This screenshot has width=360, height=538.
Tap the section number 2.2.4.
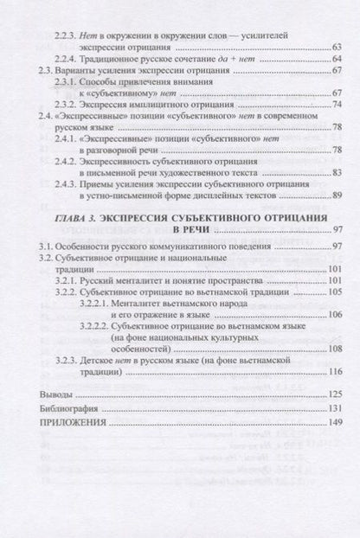point(64,58)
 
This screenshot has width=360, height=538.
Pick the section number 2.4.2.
point(64,160)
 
